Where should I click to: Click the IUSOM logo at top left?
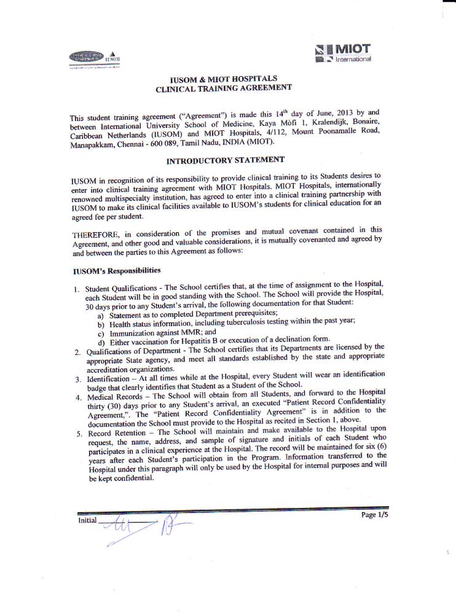pyautogui.click(x=94, y=57)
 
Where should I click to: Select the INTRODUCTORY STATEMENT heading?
pyautogui.click(x=226, y=160)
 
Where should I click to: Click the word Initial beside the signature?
pyautogui.click(x=87, y=520)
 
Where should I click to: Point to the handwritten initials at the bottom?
pyautogui.click(x=147, y=527)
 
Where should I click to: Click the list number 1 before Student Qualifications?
pyautogui.click(x=76, y=289)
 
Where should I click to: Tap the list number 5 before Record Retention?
pyautogui.click(x=78, y=435)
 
